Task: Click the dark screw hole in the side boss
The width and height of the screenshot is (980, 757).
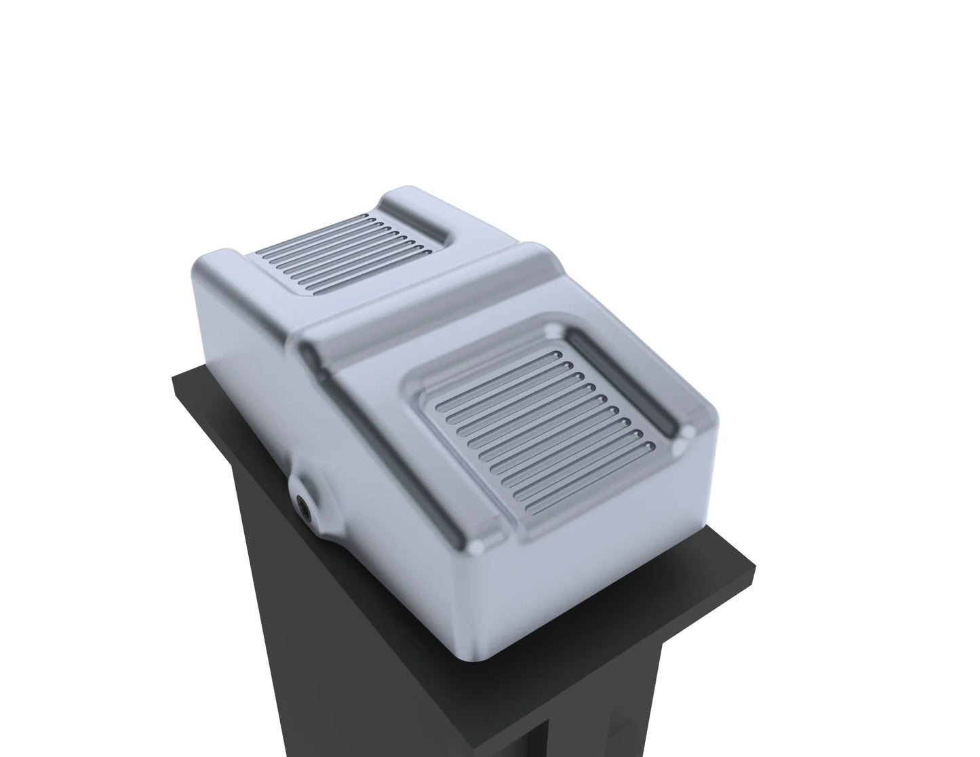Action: click(x=304, y=503)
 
